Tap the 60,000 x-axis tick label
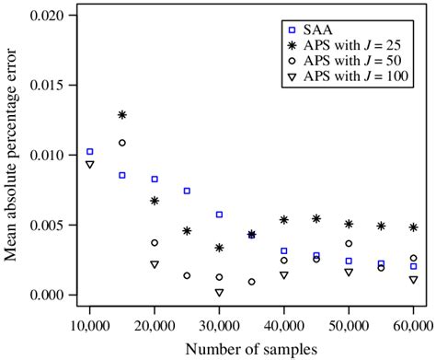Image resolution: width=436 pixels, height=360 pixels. [x=413, y=325]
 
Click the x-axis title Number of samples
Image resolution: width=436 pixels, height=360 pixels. [x=251, y=348]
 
